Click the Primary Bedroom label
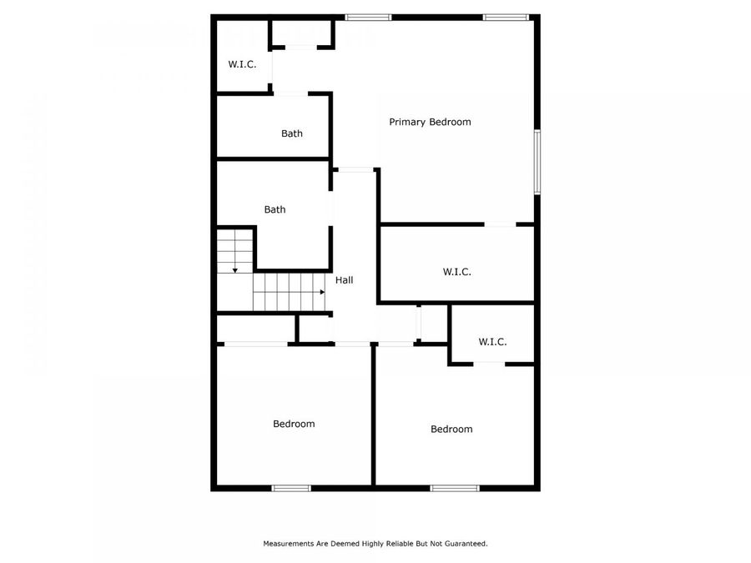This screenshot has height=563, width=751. [430, 122]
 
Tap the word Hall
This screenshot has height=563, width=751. [344, 280]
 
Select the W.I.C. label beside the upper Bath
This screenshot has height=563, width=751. [242, 64]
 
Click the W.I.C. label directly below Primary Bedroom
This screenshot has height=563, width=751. [456, 271]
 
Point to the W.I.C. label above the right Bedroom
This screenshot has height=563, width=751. [492, 341]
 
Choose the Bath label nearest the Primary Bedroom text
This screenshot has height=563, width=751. [291, 133]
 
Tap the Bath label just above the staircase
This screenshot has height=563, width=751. [275, 209]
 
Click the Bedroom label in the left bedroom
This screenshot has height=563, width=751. [294, 424]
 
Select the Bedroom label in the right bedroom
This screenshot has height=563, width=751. [451, 429]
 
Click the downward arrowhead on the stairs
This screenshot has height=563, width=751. [235, 269]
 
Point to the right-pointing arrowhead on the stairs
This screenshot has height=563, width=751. [321, 292]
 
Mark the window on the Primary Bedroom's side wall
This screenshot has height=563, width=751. [537, 162]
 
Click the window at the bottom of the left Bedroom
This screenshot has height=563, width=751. [291, 488]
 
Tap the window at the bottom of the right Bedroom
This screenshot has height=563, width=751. [455, 488]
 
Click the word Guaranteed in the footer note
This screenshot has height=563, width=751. [465, 543]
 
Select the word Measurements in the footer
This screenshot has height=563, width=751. [288, 543]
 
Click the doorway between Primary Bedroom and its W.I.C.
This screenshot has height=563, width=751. [500, 224]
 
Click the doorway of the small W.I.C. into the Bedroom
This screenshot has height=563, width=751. [489, 363]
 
